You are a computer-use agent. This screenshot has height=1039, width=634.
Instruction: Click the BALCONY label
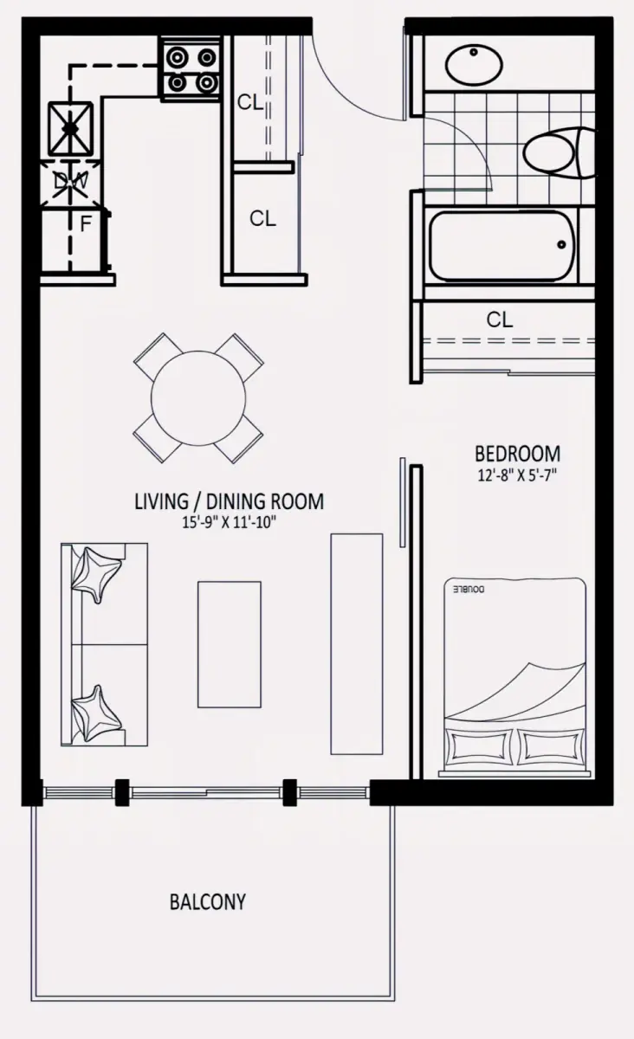pyautogui.click(x=208, y=902)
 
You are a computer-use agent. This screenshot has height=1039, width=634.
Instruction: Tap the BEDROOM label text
pyautogui.click(x=517, y=454)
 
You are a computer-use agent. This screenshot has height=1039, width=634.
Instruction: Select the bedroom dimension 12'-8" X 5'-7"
pyautogui.click(x=517, y=475)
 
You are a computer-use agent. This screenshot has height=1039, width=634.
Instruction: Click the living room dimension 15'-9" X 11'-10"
pyautogui.click(x=230, y=523)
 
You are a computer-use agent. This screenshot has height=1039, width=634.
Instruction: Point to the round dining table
pyautogui.click(x=198, y=398)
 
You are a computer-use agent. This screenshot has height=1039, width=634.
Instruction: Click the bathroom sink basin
pyautogui.click(x=475, y=65)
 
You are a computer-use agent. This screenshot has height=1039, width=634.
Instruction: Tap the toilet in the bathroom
pyautogui.click(x=560, y=153)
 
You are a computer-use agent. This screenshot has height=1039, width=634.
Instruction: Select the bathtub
pyautogui.click(x=502, y=246)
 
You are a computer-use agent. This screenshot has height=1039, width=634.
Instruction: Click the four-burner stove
pyautogui.click(x=191, y=69)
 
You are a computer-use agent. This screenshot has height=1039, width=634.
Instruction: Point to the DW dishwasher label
pyautogui.click(x=70, y=181)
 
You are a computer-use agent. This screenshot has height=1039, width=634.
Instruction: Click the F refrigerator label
pyautogui.click(x=86, y=224)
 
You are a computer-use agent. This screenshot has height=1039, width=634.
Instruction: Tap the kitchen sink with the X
pyautogui.click(x=70, y=128)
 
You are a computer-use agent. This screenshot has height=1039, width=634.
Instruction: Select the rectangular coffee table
pyautogui.click(x=230, y=644)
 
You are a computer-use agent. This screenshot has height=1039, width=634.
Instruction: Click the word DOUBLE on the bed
pyautogui.click(x=469, y=590)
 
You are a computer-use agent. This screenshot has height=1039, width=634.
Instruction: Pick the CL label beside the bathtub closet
pyautogui.click(x=500, y=319)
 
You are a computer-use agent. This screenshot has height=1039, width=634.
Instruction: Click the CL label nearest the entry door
pyautogui.click(x=250, y=102)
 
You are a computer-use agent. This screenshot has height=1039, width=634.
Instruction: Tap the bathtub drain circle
pyautogui.click(x=561, y=245)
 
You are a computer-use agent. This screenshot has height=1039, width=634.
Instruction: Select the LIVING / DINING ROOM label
pyautogui.click(x=230, y=501)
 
